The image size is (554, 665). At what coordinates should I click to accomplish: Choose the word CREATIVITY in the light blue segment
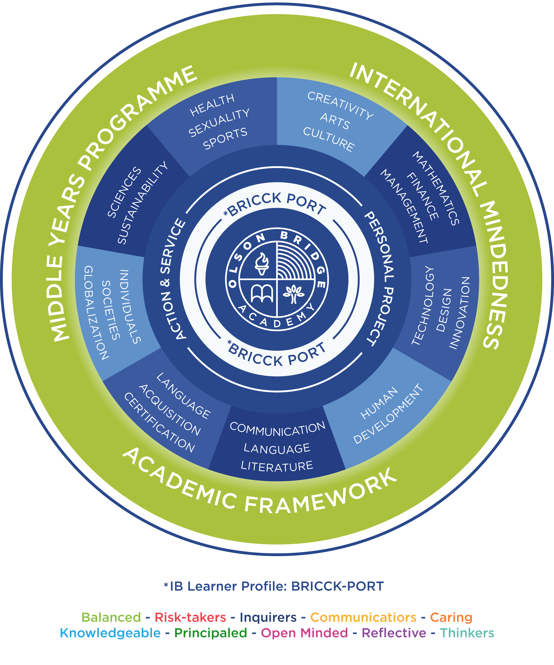click(x=340, y=105)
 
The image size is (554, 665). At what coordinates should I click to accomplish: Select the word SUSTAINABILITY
click(x=142, y=203)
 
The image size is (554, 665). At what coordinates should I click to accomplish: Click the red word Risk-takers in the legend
click(x=190, y=617)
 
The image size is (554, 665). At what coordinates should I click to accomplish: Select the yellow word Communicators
click(x=363, y=617)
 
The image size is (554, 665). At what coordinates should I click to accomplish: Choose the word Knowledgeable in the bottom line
click(x=110, y=633)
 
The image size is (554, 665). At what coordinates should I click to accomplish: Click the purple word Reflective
click(x=394, y=633)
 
